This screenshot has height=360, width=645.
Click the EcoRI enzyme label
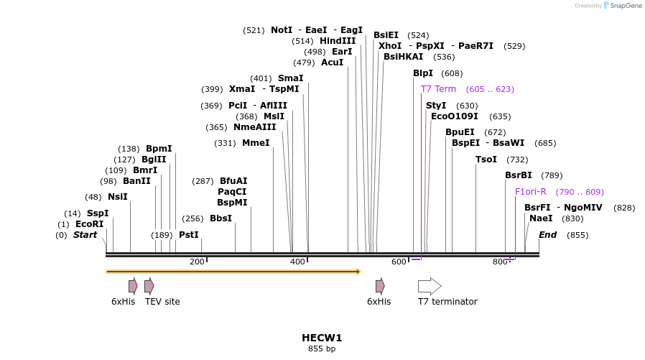point(90,224)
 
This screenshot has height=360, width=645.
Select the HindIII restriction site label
point(338,41)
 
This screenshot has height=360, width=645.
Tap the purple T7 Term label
point(438,89)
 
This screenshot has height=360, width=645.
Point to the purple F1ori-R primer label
point(531,192)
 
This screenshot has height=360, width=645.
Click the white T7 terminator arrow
point(430,286)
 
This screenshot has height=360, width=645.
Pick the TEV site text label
point(162,302)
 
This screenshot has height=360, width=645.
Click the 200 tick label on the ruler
point(198,262)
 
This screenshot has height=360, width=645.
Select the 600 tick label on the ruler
point(399,262)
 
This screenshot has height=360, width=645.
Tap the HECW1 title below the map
point(322,337)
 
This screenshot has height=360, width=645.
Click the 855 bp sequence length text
point(322,349)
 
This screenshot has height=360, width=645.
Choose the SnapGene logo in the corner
point(620,6)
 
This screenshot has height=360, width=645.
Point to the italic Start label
point(85,235)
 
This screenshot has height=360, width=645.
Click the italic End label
point(547,235)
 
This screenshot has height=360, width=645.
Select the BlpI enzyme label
point(423,73)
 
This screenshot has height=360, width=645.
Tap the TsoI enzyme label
point(486,160)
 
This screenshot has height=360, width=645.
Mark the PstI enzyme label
point(189,235)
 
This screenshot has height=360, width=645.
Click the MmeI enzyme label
point(256,143)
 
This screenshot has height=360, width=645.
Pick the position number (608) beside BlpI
point(452,73)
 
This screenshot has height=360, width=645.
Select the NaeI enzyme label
point(541,218)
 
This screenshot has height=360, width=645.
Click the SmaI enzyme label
point(290,78)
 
